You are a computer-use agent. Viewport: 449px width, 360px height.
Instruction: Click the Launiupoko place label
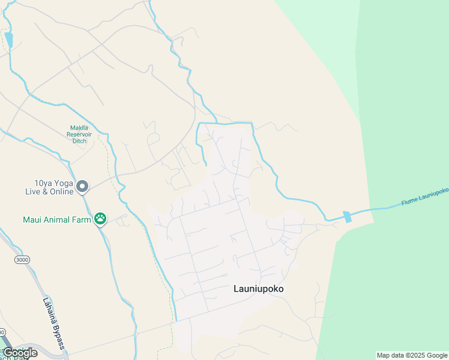258,289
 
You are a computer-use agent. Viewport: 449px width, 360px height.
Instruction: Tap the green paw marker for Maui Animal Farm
100,219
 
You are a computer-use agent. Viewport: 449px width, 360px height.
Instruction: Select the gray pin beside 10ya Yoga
83,187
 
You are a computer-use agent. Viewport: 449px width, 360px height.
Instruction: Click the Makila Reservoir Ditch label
78,134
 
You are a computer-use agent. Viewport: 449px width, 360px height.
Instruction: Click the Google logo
20,353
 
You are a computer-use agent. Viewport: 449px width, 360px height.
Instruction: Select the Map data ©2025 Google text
412,355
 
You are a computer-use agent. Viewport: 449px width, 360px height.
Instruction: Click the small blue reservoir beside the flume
347,217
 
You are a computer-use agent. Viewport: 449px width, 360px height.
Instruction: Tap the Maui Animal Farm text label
57,219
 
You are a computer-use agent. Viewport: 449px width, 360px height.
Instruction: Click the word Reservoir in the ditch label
78,134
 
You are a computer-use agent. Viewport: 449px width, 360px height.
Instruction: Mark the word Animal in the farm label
57,219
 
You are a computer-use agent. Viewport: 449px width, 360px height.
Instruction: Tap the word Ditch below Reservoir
78,141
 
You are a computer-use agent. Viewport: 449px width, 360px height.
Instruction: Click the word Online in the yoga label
61,191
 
